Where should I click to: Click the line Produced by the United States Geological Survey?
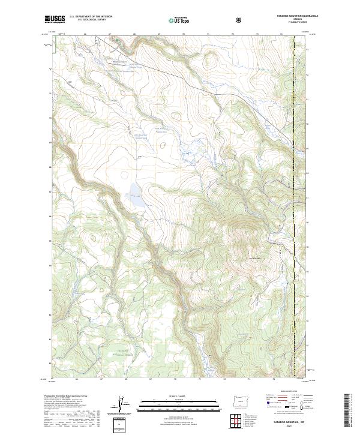(x=65, y=396)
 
